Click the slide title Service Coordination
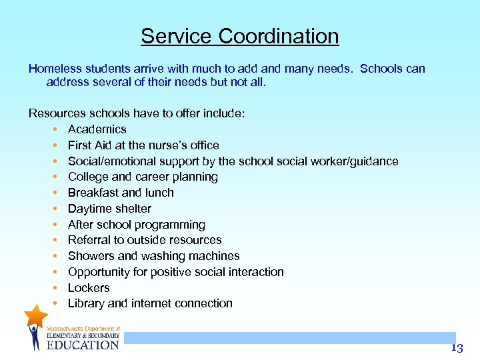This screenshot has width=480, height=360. (x=239, y=36)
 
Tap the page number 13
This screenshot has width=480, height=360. (x=456, y=347)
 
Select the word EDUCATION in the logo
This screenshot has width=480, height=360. (x=83, y=345)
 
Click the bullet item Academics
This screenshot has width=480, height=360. (x=97, y=129)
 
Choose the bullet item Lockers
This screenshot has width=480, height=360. (x=89, y=288)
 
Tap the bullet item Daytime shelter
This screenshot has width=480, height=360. (x=109, y=209)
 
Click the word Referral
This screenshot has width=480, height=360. (x=90, y=240)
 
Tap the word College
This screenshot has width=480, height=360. (x=88, y=177)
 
